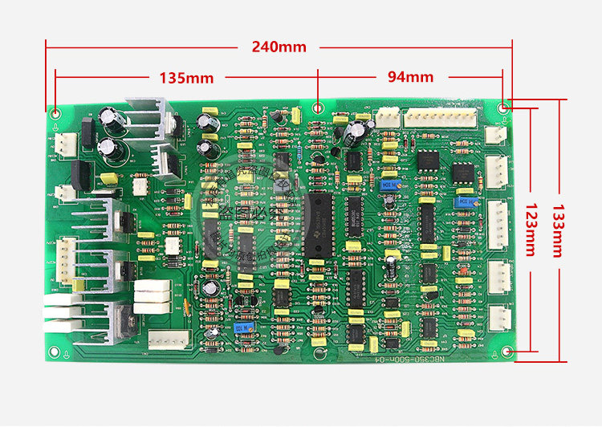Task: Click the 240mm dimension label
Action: (279, 47)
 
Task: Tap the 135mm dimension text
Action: (186, 78)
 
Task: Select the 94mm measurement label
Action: (410, 77)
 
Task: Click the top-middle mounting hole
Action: (319, 107)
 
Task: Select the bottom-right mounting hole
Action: (506, 352)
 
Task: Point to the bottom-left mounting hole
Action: (54, 350)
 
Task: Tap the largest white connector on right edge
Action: (498, 223)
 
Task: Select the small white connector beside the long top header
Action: (389, 116)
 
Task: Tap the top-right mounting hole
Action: (504, 107)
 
